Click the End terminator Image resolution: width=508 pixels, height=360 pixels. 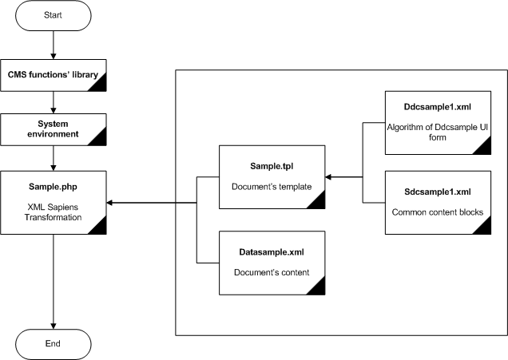pos(53,343)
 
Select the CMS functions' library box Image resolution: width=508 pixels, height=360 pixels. pos(53,75)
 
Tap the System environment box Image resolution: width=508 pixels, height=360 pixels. pos(53,129)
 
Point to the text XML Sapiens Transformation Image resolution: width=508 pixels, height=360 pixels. pos(53,210)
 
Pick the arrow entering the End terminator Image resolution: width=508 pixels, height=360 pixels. pos(53,322)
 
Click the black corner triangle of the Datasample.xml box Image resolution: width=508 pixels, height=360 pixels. pos(317,287)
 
